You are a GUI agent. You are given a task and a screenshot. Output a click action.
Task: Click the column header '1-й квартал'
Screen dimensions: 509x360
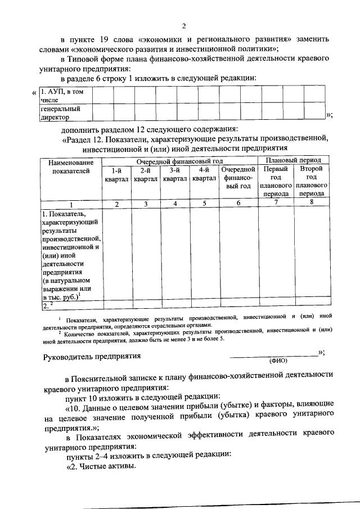(x=116, y=174)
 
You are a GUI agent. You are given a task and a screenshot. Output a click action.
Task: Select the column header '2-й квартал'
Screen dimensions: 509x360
(x=145, y=174)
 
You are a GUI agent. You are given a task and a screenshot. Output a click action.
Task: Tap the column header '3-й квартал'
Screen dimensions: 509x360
(x=175, y=174)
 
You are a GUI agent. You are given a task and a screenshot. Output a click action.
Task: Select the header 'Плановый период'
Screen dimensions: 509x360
(x=294, y=161)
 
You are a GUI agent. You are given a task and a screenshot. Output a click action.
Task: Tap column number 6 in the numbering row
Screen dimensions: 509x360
(x=238, y=204)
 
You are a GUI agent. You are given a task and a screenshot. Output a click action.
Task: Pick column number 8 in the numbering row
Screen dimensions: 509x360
(x=312, y=203)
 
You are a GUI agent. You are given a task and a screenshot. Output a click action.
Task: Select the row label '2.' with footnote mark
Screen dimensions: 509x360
(x=47, y=306)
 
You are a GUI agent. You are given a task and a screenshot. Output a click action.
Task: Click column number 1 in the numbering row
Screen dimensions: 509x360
(x=70, y=204)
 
